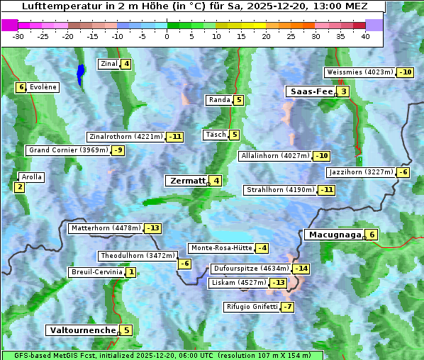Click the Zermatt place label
click(186, 181)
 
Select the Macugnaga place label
click(333, 235)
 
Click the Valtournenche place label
click(82, 330)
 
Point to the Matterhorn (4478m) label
click(106, 228)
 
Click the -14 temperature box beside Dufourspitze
click(302, 269)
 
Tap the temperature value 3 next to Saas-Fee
click(344, 91)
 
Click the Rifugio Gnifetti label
click(252, 307)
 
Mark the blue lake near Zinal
click(80, 73)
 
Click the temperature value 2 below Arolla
click(19, 187)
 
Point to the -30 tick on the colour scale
click(18, 36)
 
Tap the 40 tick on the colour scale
click(365, 36)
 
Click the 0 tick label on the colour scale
click(167, 36)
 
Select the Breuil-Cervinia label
click(97, 272)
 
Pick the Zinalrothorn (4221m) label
click(125, 137)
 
